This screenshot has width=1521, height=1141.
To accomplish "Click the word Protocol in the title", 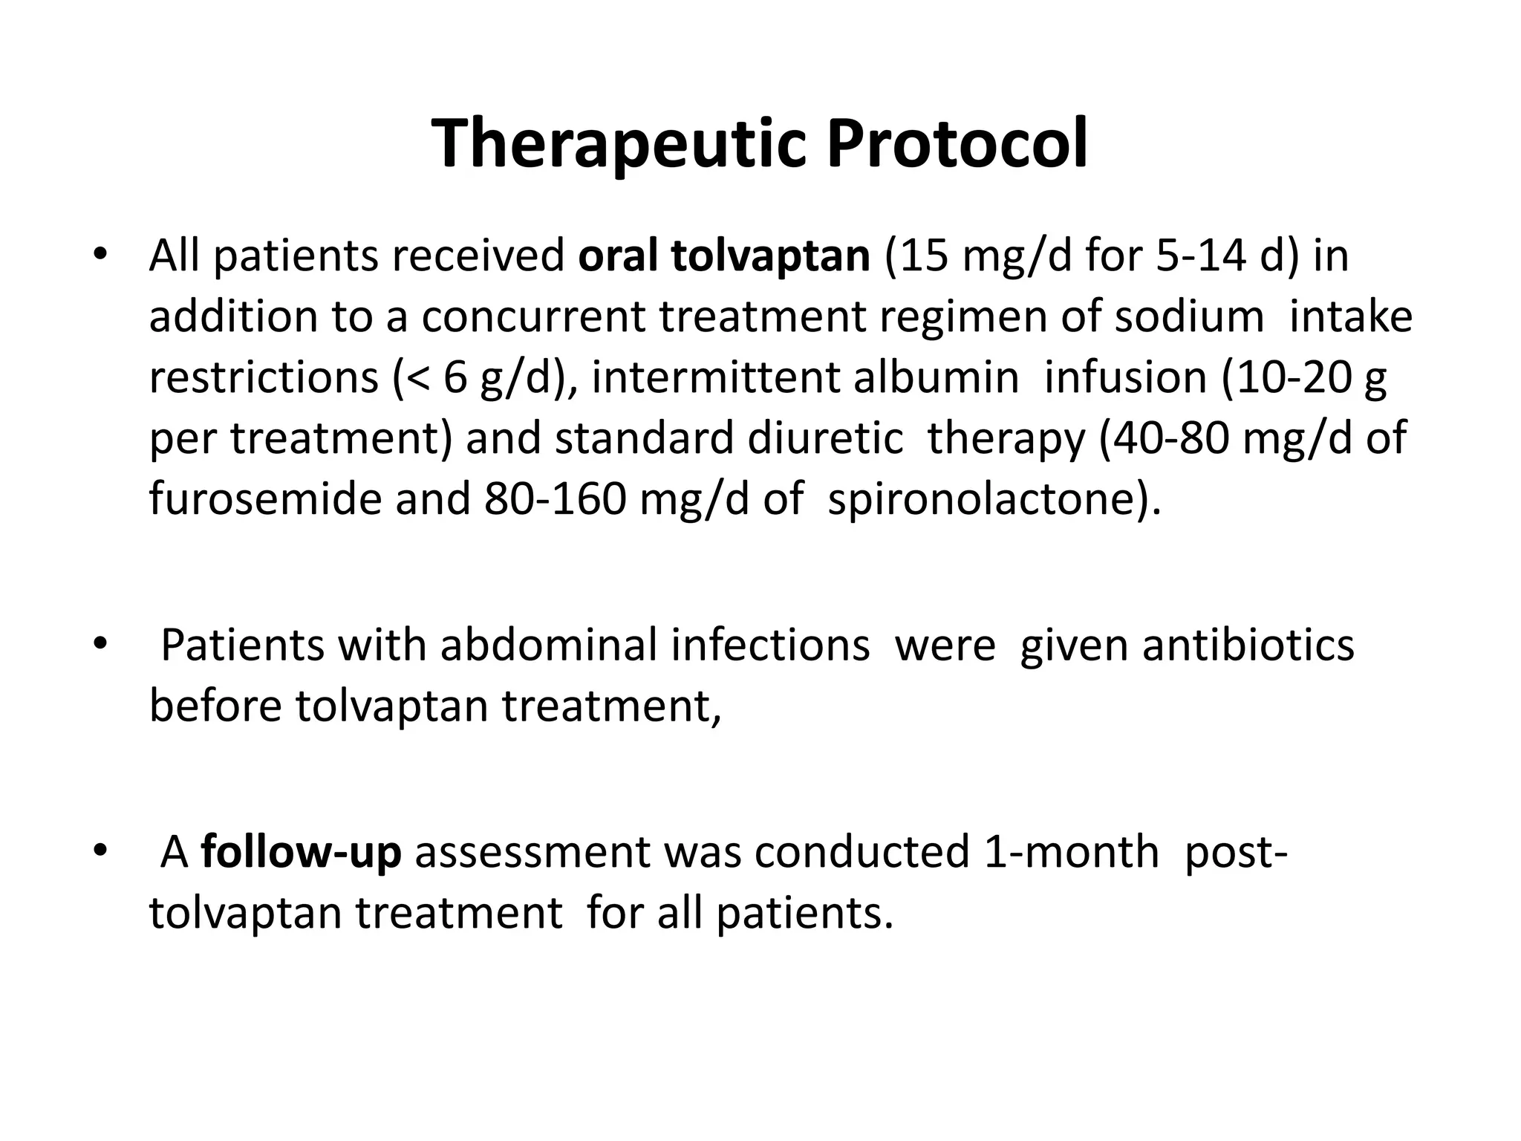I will (958, 145).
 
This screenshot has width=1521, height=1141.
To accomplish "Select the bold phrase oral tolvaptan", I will (724, 256).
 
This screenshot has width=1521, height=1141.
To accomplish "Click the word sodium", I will (1188, 317).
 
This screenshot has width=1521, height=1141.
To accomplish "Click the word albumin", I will (936, 378).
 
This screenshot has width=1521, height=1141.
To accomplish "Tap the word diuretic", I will (824, 438).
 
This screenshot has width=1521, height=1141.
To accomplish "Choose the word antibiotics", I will (1248, 645).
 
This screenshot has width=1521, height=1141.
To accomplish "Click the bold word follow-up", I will (301, 852).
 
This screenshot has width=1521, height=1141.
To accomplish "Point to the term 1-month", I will (1069, 852).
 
